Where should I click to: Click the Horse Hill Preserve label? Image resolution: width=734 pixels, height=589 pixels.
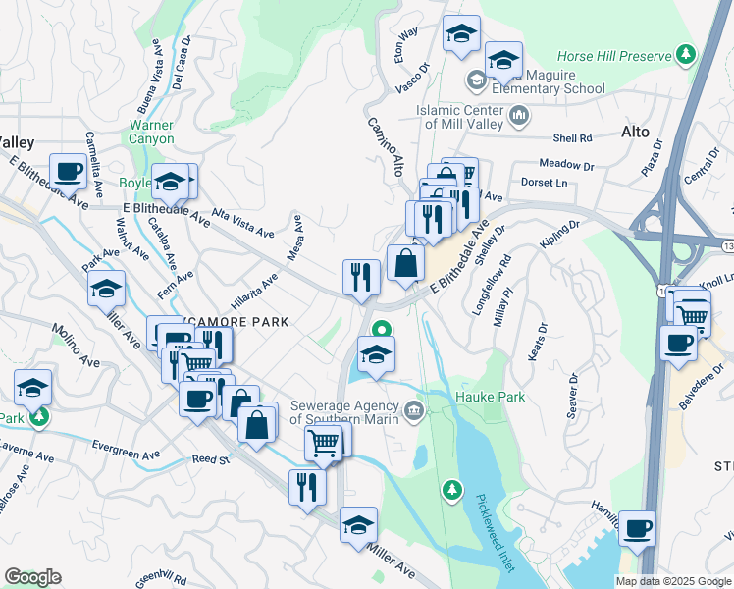point(616,57)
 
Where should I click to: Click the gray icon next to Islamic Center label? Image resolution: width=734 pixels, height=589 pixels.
point(519,118)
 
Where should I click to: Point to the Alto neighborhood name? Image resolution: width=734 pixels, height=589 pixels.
point(636,131)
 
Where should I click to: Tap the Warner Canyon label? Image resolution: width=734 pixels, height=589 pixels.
point(151,132)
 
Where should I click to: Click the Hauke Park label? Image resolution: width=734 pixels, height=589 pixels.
point(490,397)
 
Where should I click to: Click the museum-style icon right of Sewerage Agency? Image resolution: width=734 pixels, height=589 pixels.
point(414,409)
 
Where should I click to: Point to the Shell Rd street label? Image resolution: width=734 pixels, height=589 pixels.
point(573,138)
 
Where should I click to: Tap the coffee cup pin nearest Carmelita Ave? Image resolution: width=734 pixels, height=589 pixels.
point(68,171)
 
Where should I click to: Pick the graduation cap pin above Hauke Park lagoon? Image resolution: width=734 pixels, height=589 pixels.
point(375,354)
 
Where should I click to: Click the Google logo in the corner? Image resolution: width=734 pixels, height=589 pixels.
point(32,576)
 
